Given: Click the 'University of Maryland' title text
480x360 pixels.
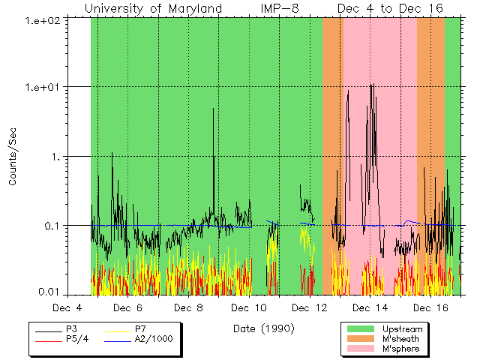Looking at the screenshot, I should coord(153,8).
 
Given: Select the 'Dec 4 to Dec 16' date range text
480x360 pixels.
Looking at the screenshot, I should coord(389,8).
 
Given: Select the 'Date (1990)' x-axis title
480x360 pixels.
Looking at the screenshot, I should coord(263,328).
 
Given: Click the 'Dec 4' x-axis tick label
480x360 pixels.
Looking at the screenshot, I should coord(67,308).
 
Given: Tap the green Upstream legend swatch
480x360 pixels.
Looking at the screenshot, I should coord(361,328).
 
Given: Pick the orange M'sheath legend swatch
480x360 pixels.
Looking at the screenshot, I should coord(361,339).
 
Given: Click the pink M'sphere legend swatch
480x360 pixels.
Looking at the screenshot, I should coord(361,349).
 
